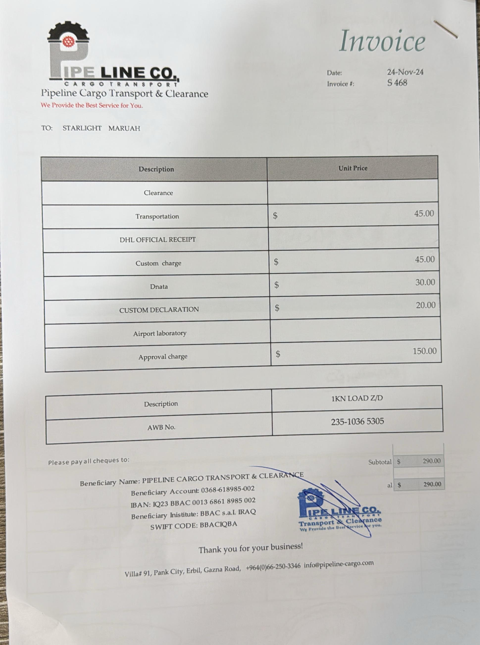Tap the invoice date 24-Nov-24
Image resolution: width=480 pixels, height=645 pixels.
[x=405, y=72]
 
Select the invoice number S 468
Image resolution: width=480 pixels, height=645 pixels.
[x=397, y=83]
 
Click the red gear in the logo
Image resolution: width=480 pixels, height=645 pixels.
[x=69, y=42]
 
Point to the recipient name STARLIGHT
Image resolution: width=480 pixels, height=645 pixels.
[x=82, y=128]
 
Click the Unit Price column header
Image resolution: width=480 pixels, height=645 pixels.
[x=353, y=168]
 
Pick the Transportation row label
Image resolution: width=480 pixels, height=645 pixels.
[x=157, y=216]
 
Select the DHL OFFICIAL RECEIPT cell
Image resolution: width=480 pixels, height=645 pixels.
[x=158, y=240]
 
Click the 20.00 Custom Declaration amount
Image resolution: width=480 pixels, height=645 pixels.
[x=425, y=305]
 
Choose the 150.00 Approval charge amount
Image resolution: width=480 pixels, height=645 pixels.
[x=425, y=351]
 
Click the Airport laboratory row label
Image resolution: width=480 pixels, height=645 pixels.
[x=160, y=333]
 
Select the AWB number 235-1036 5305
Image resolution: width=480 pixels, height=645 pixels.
[x=357, y=421]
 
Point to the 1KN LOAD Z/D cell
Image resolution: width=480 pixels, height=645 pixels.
[x=357, y=398]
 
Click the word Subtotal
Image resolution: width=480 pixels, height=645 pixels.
[x=380, y=462]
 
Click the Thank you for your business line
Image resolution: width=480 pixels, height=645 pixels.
[x=251, y=548]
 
